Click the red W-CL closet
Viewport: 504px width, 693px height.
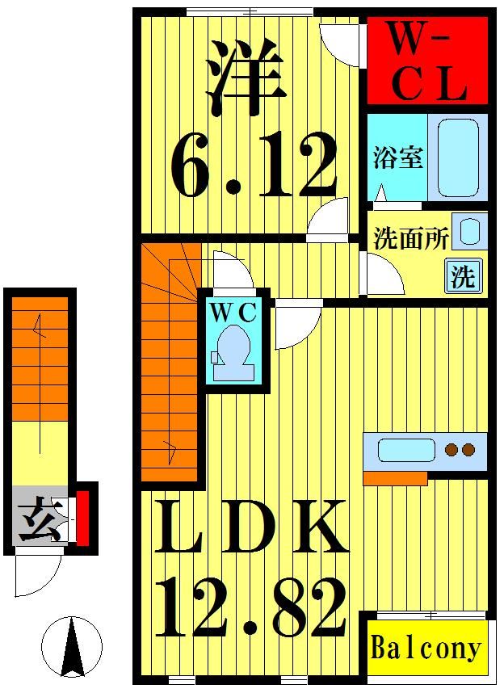pyautogui.click(x=427, y=63)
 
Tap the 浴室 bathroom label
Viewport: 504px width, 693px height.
pyautogui.click(x=398, y=157)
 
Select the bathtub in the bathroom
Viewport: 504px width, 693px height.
pyautogui.click(x=457, y=157)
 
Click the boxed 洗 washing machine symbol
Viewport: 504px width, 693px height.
pyautogui.click(x=464, y=276)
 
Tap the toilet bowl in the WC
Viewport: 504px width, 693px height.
pyautogui.click(x=235, y=348)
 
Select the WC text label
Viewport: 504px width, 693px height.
pyautogui.click(x=235, y=311)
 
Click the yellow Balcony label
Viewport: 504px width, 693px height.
pyautogui.click(x=426, y=648)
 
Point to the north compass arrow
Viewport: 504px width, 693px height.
pyautogui.click(x=73, y=645)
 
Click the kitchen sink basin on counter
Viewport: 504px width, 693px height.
pyautogui.click(x=406, y=450)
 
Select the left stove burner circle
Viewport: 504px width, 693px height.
pyautogui.click(x=451, y=450)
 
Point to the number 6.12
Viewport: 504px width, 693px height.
pyautogui.click(x=254, y=167)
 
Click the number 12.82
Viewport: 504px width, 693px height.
pyautogui.click(x=251, y=608)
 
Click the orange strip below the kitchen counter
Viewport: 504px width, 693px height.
pyautogui.click(x=394, y=478)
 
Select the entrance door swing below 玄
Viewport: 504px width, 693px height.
pyautogui.click(x=36, y=575)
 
